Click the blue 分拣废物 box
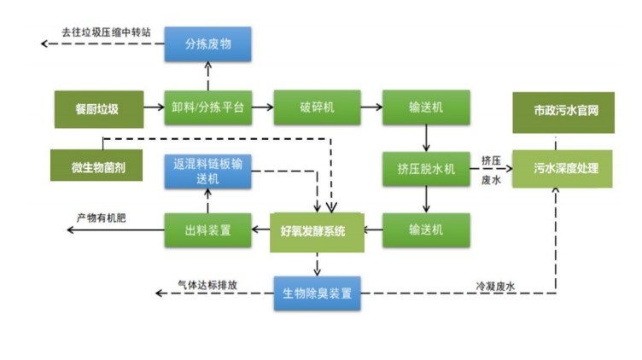(x=207, y=44)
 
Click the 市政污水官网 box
(x=563, y=112)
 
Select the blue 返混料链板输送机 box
(x=207, y=171)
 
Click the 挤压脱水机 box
(x=425, y=168)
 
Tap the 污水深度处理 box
(x=563, y=168)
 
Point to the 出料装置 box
(x=207, y=229)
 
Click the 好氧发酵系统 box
(x=316, y=231)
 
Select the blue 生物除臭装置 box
(x=317, y=293)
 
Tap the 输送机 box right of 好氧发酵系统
(x=425, y=229)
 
